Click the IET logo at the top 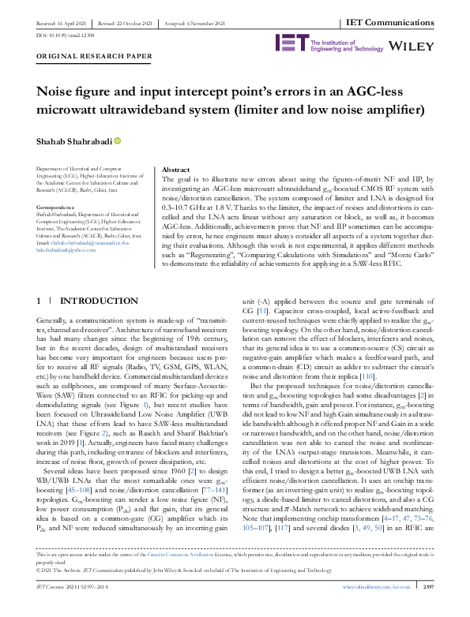coord(287,42)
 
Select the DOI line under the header coord(55,36)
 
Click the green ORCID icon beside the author coord(118,140)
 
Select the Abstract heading coord(175,170)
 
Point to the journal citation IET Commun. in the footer coord(54,609)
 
